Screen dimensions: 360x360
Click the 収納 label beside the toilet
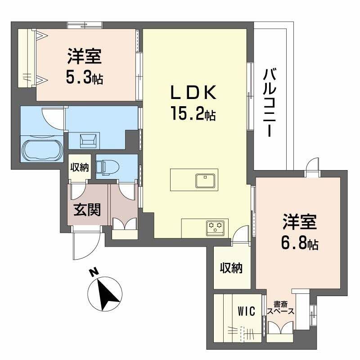(x=80, y=167)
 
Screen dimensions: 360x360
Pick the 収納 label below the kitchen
(x=231, y=268)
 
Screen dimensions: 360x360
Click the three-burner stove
(x=216, y=227)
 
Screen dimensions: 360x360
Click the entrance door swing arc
(x=86, y=245)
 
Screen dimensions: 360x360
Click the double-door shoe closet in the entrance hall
(x=123, y=225)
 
